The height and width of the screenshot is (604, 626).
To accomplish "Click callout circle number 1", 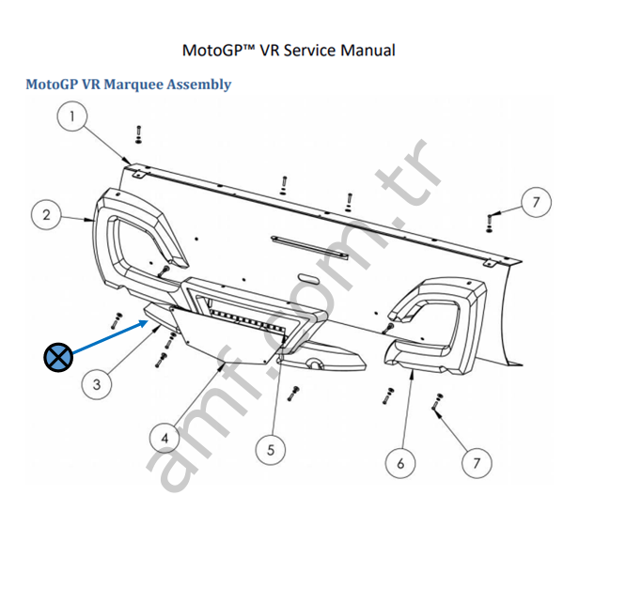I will tap(73, 116).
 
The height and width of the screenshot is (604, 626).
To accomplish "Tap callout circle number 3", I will tap(97, 384).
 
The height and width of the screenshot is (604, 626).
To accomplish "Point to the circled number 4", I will tap(164, 437).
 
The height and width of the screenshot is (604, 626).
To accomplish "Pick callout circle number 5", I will tap(271, 450).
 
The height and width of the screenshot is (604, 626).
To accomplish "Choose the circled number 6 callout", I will tap(401, 462).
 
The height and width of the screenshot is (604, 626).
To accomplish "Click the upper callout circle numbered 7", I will tap(535, 202).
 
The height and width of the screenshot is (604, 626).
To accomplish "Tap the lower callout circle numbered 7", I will tap(477, 462).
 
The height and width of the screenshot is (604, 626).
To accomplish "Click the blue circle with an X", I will tap(58, 356).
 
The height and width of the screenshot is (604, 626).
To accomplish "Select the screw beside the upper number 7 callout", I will tap(490, 222).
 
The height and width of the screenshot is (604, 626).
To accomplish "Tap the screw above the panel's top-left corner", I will tap(138, 135).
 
